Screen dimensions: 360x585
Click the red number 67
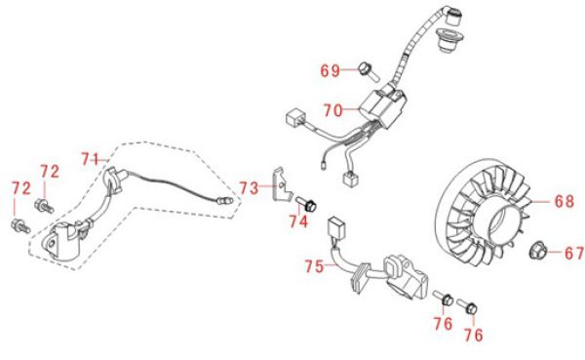(x=573, y=253)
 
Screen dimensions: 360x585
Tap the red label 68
(x=565, y=202)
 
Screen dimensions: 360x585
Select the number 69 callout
(x=332, y=70)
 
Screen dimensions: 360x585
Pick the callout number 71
(x=91, y=158)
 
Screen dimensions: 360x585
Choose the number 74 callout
(x=298, y=221)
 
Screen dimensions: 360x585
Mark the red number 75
(x=313, y=264)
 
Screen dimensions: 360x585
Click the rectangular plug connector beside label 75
(x=337, y=230)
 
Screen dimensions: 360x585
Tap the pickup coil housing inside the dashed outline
(x=67, y=237)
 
